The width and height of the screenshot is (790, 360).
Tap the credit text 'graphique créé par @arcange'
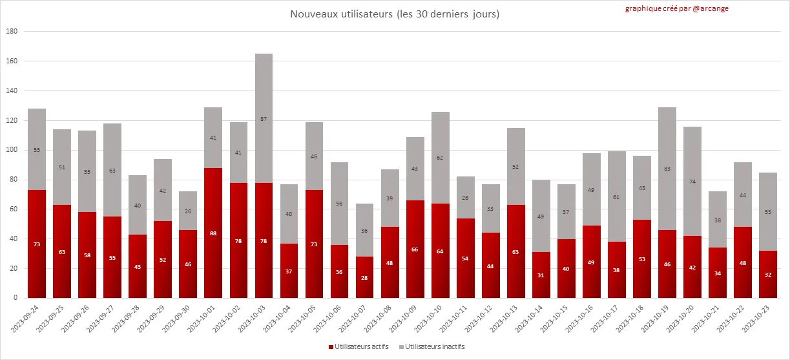tap(676, 9)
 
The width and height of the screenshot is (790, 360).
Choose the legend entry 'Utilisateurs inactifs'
tap(430, 346)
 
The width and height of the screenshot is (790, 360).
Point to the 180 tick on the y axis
tap(12, 32)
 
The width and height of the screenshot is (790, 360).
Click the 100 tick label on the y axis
tap(12, 150)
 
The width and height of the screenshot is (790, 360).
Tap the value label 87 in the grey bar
tap(264, 118)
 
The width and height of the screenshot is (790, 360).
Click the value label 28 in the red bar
tap(364, 277)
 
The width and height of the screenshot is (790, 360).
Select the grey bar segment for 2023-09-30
tap(188, 211)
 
